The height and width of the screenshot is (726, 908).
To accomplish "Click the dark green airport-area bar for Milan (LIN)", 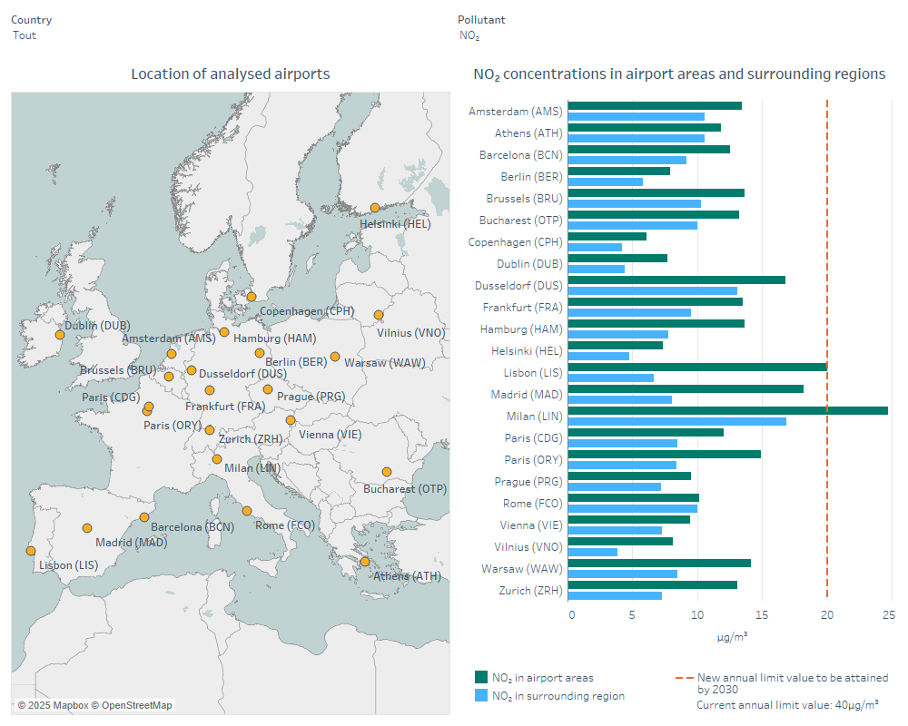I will pyautogui.click(x=726, y=410).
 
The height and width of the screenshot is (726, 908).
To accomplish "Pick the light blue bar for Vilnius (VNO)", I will pyautogui.click(x=592, y=552).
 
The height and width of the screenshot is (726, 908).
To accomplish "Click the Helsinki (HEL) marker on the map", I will pyautogui.click(x=374, y=208).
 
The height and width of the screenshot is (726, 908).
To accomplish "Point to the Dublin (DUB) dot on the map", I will pyautogui.click(x=60, y=334).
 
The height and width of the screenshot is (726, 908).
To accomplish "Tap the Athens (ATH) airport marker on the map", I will pyautogui.click(x=365, y=562).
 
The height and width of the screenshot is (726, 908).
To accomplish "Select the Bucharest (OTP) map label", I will pyautogui.click(x=405, y=489).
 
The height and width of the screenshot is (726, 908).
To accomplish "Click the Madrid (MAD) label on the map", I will pyautogui.click(x=131, y=543).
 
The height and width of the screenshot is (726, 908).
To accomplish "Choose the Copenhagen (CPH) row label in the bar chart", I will pyautogui.click(x=515, y=242).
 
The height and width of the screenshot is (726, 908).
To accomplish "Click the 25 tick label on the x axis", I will pyautogui.click(x=889, y=615).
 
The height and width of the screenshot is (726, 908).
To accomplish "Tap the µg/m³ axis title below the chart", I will pyautogui.click(x=732, y=636).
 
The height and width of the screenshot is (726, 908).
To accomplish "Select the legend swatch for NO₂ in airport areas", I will pyautogui.click(x=481, y=677).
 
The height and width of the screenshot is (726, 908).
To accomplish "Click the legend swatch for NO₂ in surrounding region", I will pyautogui.click(x=481, y=695).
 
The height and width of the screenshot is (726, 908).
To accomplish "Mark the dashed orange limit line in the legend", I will pyautogui.click(x=683, y=678).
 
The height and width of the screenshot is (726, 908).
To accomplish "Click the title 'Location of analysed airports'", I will pyautogui.click(x=230, y=74).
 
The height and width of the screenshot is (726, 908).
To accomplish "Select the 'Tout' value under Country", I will pyautogui.click(x=25, y=35).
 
